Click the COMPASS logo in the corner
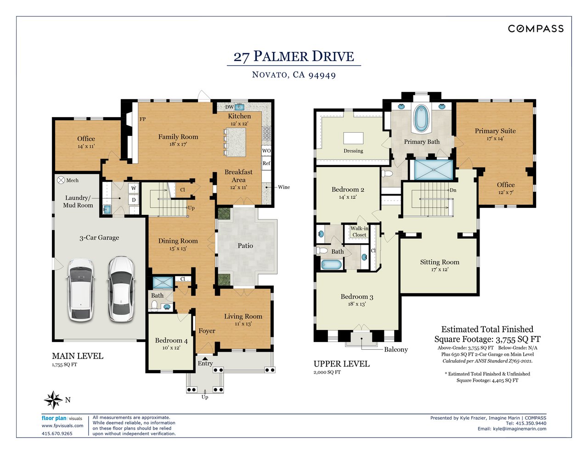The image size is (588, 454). coord(536,29)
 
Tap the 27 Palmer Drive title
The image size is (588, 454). coord(294,56)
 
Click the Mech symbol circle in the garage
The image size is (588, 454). coord(61,180)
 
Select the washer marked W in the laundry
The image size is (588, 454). coord(134,188)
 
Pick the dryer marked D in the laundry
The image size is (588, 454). coord(134,200)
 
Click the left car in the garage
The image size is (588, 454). coord(81,289)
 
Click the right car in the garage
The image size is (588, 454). coord(121,289)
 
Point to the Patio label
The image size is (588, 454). coord(245,246)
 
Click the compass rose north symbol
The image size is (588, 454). coord(53,400)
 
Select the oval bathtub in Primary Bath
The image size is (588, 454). coord(421,118)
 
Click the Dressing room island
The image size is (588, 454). coord(353,138)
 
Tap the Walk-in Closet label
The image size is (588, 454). coord(359,231)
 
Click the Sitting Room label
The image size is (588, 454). coord(440,262)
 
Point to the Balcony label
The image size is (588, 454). coord(396,349)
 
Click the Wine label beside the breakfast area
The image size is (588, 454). coord(284,187)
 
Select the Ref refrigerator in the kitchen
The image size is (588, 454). coord(266,163)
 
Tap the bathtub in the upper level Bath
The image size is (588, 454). coord(331,264)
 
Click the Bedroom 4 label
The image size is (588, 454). coord(171,341)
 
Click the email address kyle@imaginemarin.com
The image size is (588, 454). coord(520,429)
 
